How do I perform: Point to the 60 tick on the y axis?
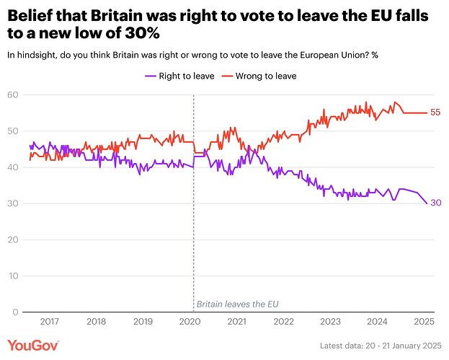[12, 95]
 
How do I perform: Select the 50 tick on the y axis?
[12, 131]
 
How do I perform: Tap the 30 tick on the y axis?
[12, 203]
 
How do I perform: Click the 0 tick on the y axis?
[14, 312]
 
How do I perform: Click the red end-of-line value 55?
[435, 113]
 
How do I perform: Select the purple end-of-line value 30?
[435, 203]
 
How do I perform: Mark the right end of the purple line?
[425, 203]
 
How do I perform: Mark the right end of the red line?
[425, 113]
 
